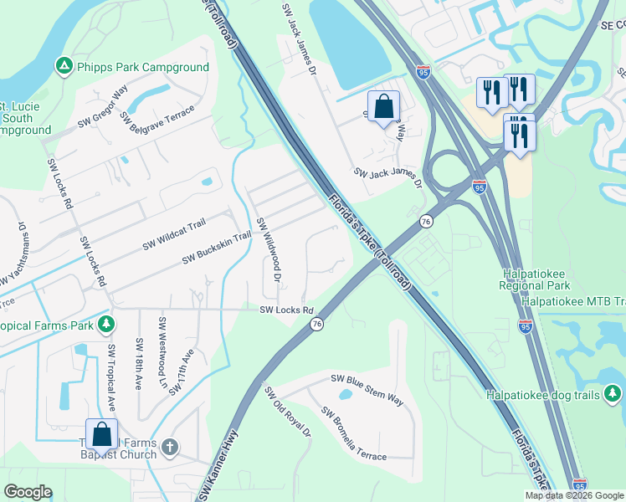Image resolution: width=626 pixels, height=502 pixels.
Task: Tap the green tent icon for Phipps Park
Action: [x=62, y=65]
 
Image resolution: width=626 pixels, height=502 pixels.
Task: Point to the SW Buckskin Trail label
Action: [x=217, y=248]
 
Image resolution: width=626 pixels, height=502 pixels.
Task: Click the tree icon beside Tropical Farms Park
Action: [x=105, y=324]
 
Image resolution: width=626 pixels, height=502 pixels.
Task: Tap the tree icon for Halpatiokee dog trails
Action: [x=613, y=392]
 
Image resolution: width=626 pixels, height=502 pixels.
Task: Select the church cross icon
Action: [x=170, y=448]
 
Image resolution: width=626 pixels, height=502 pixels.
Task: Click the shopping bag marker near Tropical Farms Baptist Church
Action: [x=101, y=435]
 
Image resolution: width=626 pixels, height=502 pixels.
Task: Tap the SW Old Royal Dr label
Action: [x=287, y=412]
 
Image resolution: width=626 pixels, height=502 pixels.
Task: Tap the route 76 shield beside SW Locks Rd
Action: [x=316, y=324]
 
